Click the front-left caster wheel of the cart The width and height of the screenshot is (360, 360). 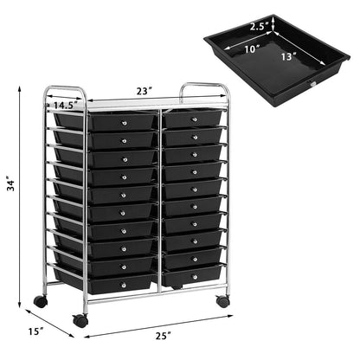(x=80, y=320)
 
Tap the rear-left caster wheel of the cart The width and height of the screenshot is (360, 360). (x=40, y=302)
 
